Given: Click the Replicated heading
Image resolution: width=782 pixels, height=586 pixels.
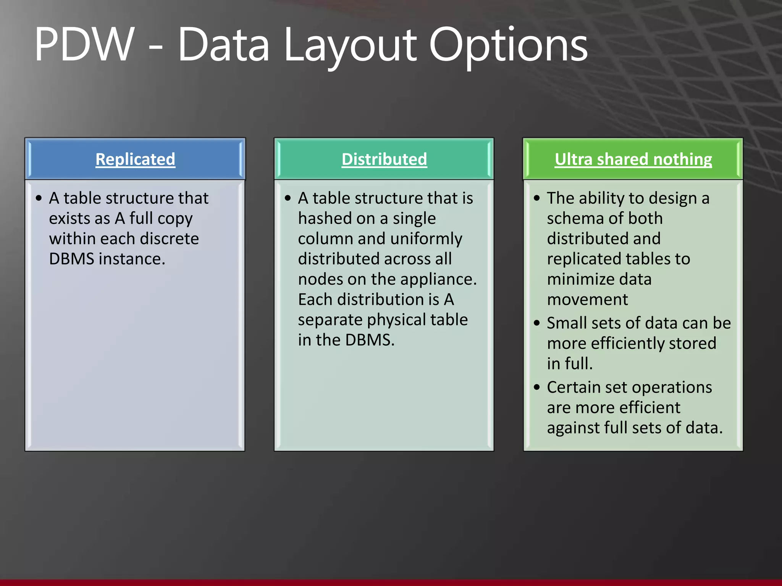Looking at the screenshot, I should (x=135, y=159).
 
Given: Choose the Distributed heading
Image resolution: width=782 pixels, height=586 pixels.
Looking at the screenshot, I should (x=384, y=159).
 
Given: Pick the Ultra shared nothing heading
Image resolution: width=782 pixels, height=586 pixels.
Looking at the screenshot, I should (x=633, y=159).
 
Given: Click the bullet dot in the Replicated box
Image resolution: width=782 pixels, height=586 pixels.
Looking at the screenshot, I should (x=39, y=198).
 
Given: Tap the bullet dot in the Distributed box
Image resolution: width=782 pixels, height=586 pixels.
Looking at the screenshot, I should (x=288, y=198).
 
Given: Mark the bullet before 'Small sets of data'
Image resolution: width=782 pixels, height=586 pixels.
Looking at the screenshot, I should (x=537, y=324).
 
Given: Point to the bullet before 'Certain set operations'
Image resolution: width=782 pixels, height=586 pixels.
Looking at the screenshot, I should (x=537, y=388).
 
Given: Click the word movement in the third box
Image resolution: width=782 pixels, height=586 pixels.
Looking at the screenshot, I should (x=587, y=299).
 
